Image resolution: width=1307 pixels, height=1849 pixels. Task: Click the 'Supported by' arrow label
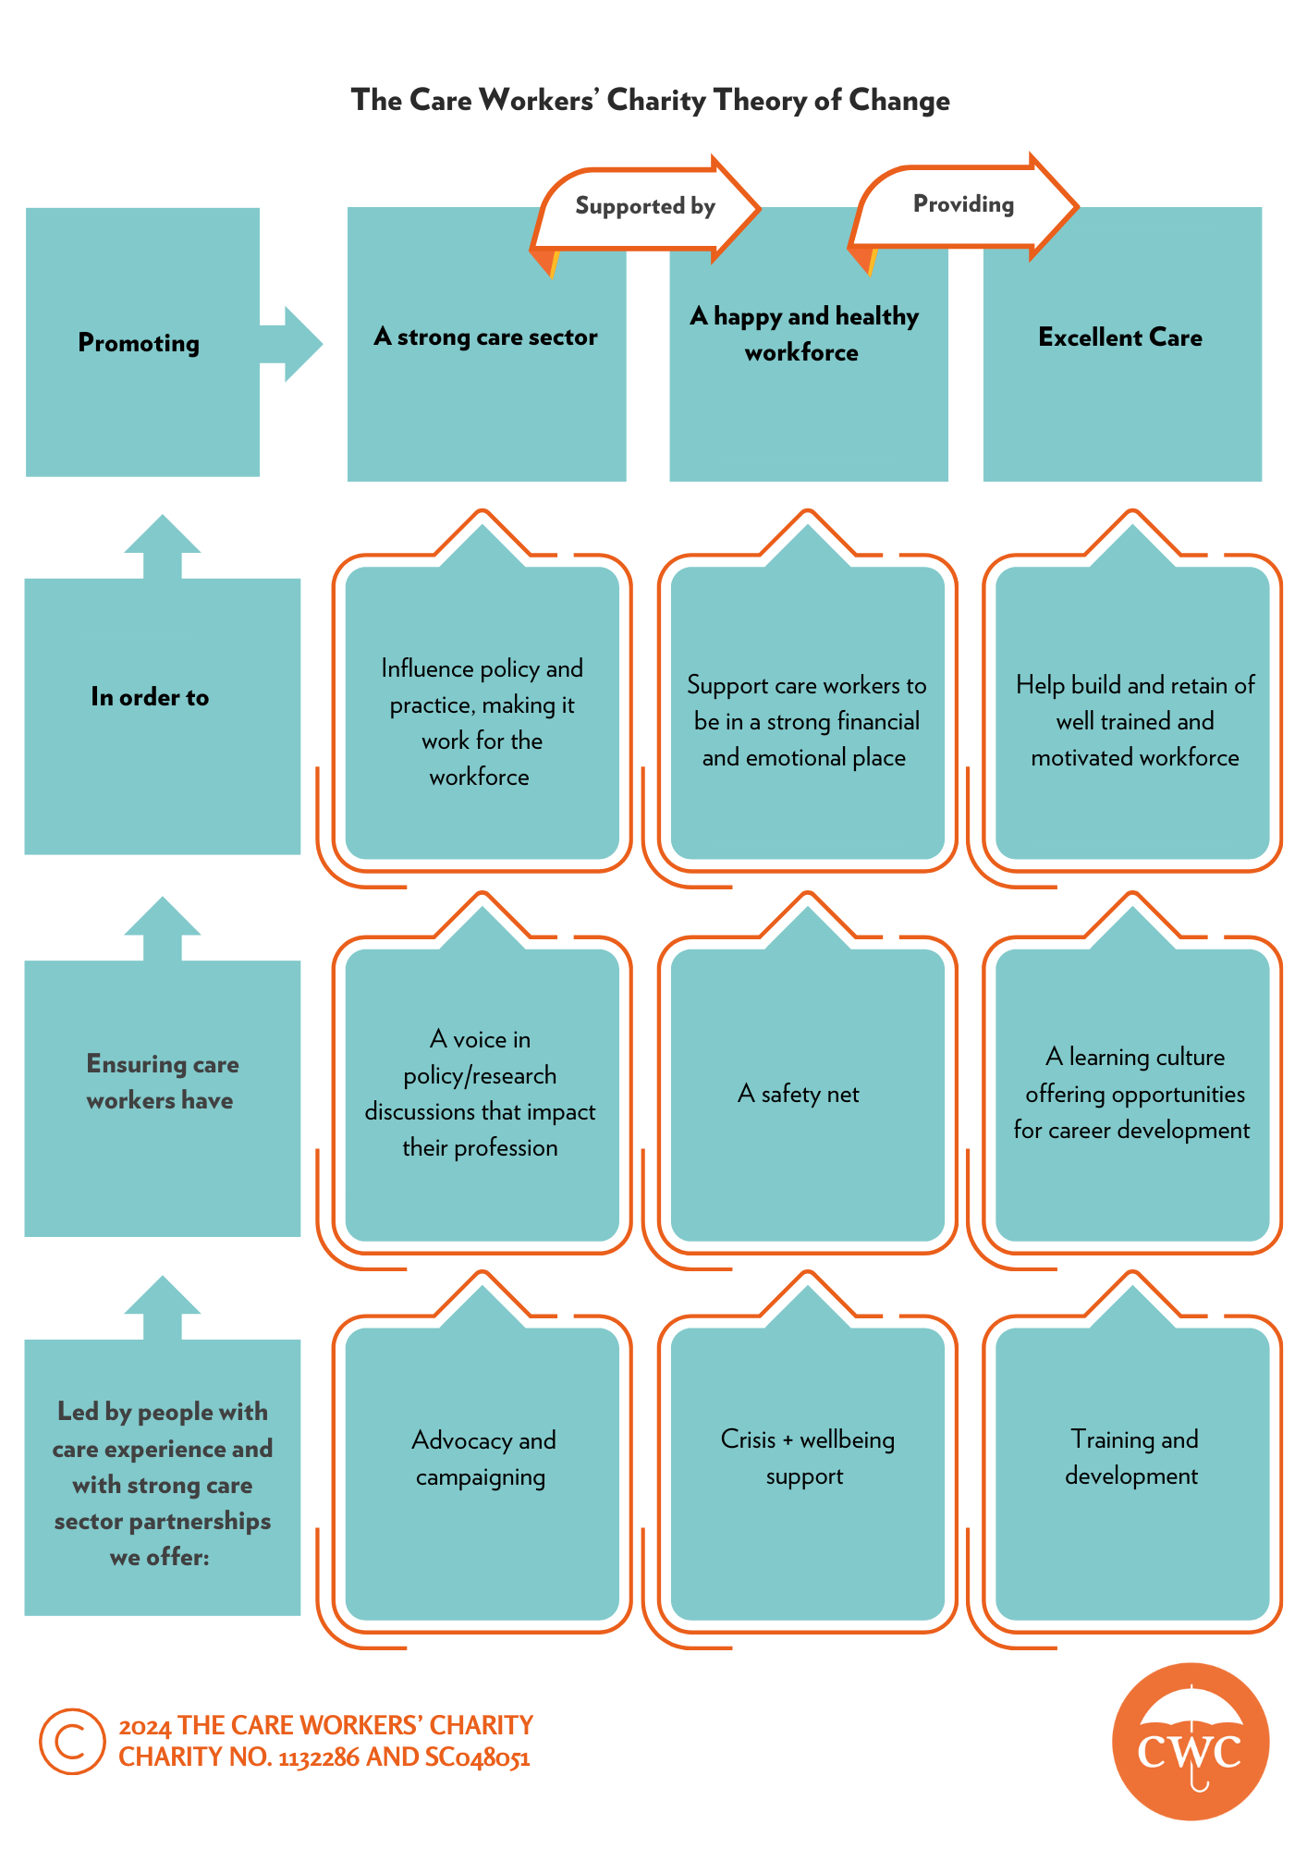tap(645, 206)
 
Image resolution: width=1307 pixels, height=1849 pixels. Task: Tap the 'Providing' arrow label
tap(963, 204)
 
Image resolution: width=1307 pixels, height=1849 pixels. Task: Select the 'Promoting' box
tap(142, 342)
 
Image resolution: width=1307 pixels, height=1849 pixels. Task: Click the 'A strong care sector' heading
tap(485, 337)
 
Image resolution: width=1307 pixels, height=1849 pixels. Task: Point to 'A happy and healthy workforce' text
tap(804, 334)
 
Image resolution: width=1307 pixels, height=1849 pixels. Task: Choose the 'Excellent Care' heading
tap(1120, 337)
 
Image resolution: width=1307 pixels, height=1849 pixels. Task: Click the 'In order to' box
tap(163, 716)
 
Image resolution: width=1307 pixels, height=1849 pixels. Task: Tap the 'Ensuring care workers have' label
tap(163, 1082)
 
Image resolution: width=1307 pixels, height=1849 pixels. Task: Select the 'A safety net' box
tap(808, 1096)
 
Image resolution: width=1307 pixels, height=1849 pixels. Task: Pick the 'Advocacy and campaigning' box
tap(482, 1475)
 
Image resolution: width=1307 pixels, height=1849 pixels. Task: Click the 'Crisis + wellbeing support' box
tap(808, 1475)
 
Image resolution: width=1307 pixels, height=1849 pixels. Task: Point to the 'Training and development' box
tap(1132, 1475)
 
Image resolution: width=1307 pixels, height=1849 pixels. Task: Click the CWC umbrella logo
tap(1191, 1742)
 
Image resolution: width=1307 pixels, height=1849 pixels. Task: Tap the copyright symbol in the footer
tap(72, 1741)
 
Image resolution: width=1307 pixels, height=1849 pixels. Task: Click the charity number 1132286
tap(319, 1757)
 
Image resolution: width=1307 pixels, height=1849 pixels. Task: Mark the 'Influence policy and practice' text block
tap(482, 722)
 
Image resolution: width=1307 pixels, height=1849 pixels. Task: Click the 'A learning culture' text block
tap(1132, 1094)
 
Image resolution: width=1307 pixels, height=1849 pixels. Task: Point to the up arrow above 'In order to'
tap(163, 546)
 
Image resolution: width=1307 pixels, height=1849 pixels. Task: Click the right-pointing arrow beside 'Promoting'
tap(291, 344)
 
